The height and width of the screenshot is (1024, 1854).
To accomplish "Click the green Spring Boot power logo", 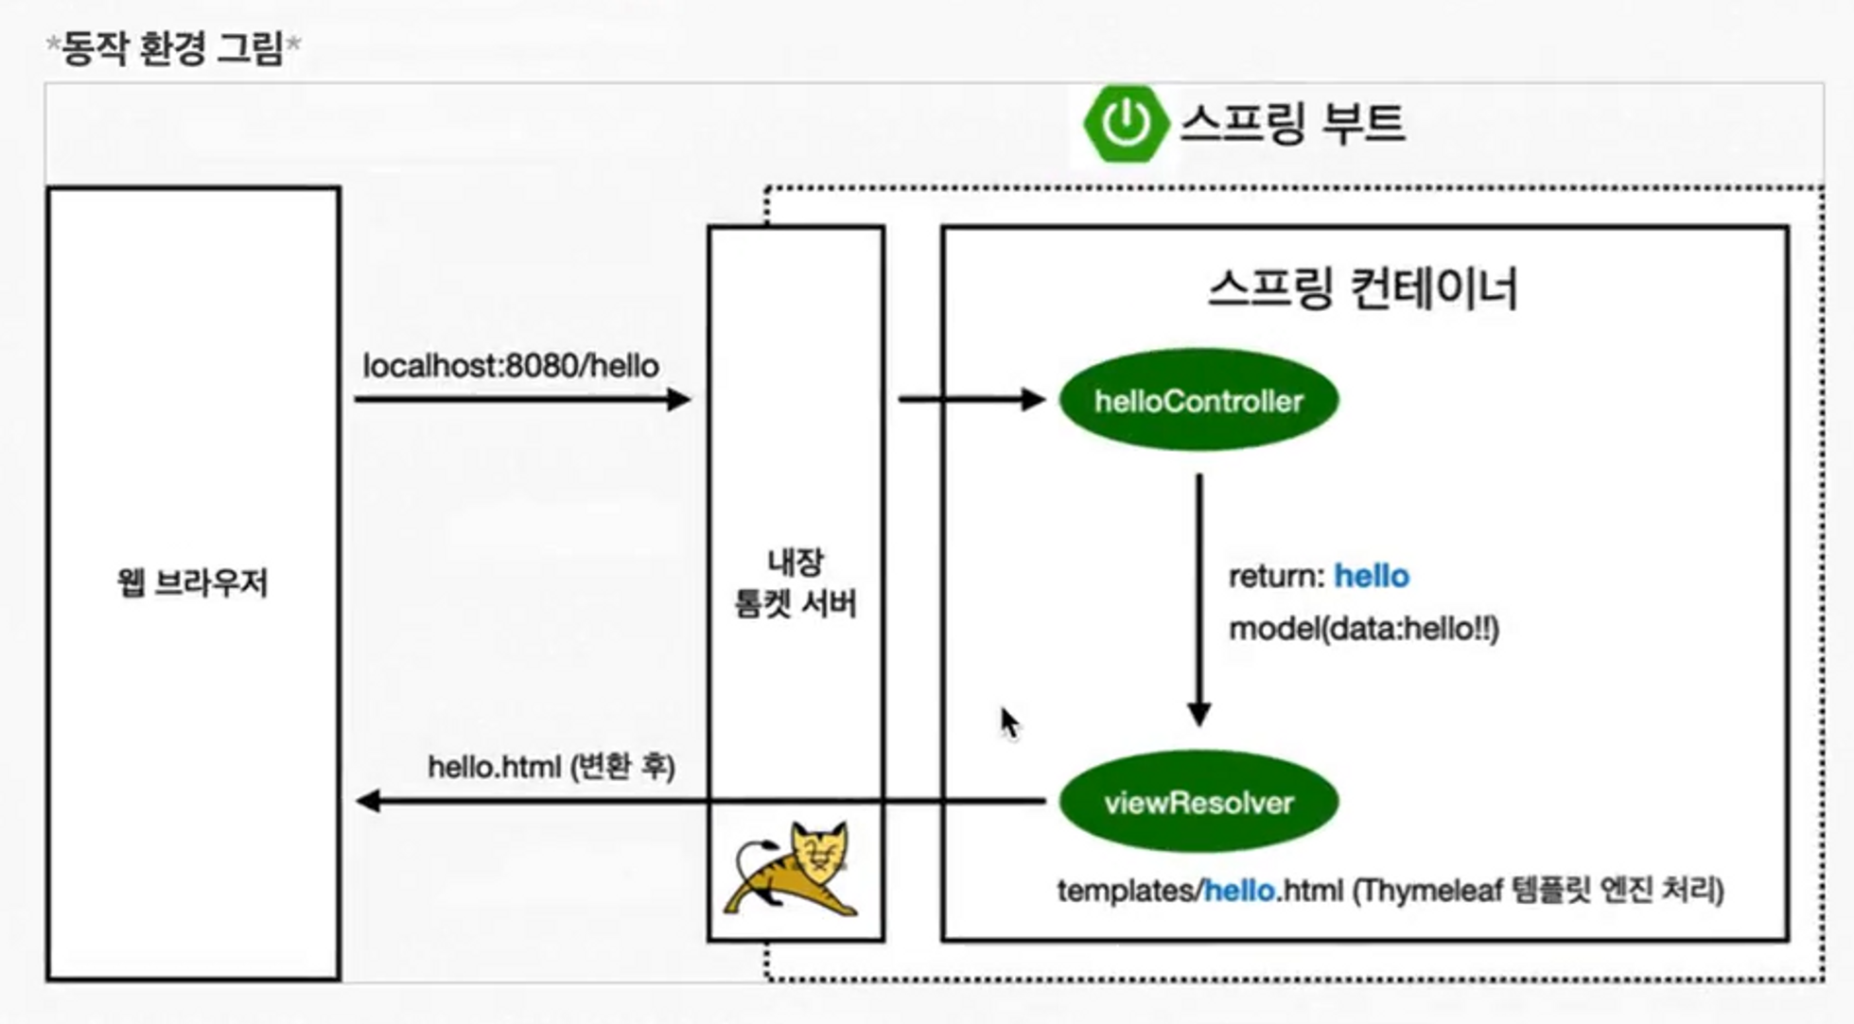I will (1126, 123).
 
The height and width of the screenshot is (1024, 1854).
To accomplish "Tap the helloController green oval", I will (1198, 400).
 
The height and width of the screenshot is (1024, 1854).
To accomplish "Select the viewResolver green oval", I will (1198, 802).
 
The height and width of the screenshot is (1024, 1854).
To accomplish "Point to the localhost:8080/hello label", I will (511, 366).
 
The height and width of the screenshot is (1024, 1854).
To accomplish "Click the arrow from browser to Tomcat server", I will (521, 400).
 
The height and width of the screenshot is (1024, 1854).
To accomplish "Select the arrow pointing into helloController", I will (971, 400).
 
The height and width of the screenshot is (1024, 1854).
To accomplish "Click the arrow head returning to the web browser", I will (368, 802).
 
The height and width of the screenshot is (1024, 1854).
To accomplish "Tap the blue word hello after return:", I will (1371, 576).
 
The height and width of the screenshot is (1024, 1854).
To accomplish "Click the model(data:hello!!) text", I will (1363, 629).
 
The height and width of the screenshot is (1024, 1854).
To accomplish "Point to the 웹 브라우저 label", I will (193, 582).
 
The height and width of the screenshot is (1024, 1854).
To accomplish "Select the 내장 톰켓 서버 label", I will (796, 583).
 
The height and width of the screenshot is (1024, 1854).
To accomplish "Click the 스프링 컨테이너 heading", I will (1363, 289).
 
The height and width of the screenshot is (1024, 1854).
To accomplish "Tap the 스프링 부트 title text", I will (1292, 124).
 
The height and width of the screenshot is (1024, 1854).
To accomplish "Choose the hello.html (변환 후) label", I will (551, 766).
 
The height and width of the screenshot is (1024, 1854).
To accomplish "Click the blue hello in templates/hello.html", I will (1239, 890).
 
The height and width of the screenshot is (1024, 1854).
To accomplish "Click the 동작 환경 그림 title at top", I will (173, 47).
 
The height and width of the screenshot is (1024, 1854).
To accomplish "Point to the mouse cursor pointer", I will (1008, 722).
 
